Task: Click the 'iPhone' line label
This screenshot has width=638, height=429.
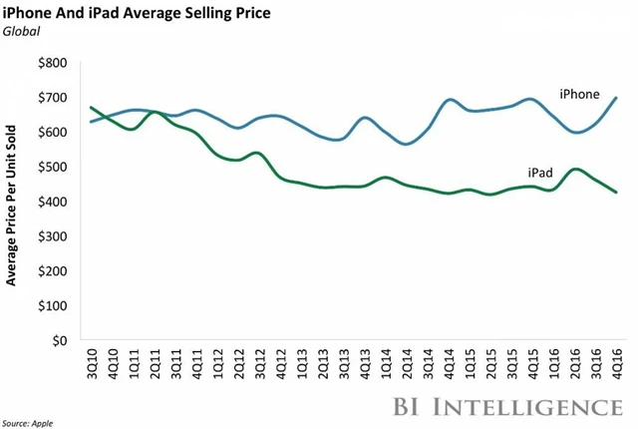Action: [x=578, y=95]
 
